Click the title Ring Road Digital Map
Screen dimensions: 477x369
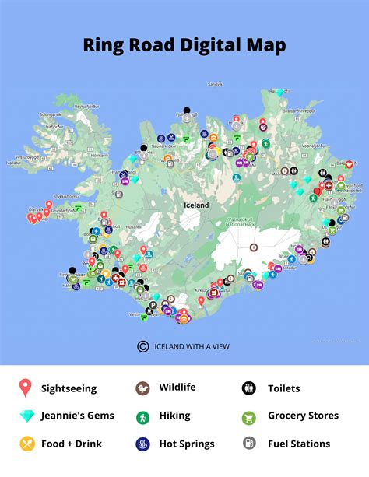[x=184, y=44]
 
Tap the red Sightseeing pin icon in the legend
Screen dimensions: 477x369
[x=26, y=388]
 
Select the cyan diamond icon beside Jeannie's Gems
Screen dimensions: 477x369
[x=26, y=416]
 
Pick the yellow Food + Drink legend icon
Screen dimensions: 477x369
[x=26, y=444]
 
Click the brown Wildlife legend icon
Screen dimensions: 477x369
[x=142, y=387]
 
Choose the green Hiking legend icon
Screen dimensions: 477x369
[x=142, y=416]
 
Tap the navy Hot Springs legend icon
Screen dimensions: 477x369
[x=142, y=444]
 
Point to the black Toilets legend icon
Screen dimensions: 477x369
[x=249, y=388]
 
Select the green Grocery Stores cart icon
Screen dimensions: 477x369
[x=249, y=416]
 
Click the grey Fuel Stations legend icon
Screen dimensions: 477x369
[x=249, y=444]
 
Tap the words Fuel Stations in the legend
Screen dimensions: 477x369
[x=299, y=444]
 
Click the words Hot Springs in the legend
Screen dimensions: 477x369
[x=187, y=444]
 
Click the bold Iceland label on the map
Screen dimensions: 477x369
[x=195, y=205]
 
